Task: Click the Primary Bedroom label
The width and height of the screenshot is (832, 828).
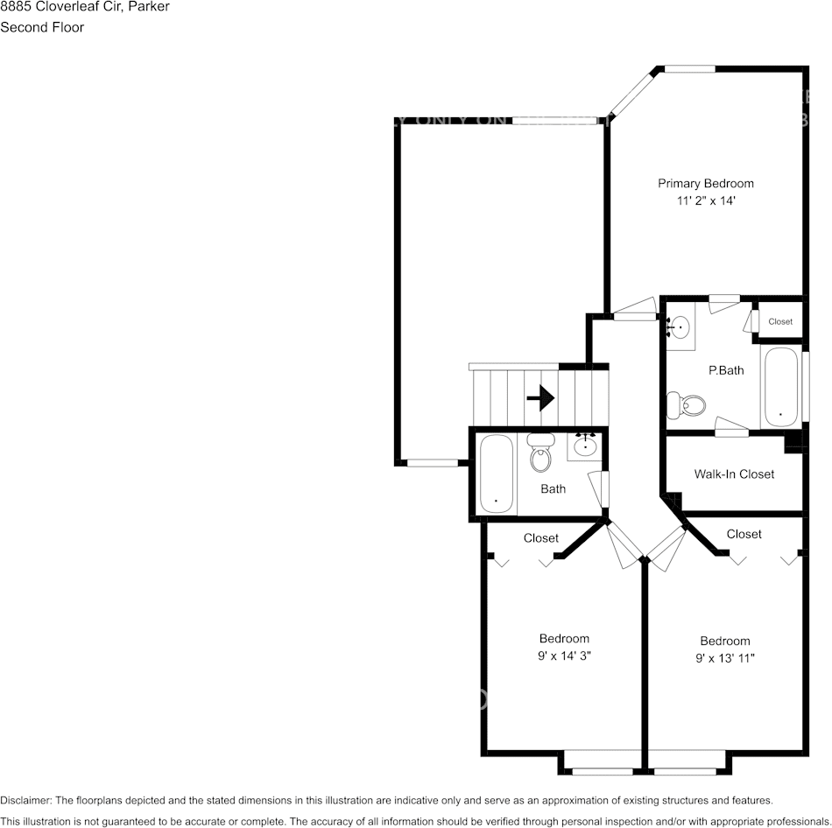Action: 705,184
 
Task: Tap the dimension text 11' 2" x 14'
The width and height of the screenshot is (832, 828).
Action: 705,200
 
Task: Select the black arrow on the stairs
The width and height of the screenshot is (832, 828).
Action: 541,399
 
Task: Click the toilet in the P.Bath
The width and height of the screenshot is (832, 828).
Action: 687,405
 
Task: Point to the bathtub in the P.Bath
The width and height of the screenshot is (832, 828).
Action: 779,386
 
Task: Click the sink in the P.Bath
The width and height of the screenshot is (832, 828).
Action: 679,327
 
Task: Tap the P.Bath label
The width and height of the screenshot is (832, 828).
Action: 726,370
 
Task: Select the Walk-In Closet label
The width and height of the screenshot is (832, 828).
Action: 734,474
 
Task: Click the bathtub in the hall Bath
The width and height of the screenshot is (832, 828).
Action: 497,474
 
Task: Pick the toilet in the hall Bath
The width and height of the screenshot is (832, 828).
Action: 540,455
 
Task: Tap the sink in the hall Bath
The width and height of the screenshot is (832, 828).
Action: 585,446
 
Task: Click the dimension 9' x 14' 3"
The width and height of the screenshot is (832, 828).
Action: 564,655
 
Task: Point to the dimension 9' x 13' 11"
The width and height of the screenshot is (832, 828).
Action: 725,657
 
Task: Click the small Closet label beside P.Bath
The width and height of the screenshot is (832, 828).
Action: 780,321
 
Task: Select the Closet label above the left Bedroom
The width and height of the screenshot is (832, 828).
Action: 540,538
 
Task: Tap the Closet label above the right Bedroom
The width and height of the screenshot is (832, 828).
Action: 744,534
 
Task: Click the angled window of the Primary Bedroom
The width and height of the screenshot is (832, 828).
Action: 632,95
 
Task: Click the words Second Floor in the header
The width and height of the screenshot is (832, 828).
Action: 42,27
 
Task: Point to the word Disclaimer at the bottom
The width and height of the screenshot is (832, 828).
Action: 25,800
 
